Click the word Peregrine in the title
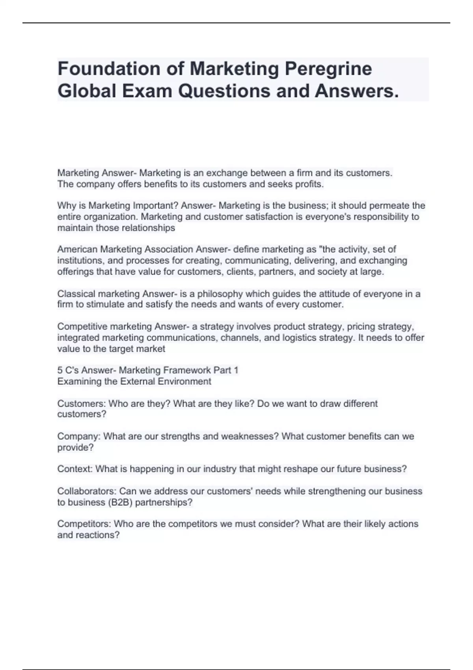328,69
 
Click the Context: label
75,469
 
